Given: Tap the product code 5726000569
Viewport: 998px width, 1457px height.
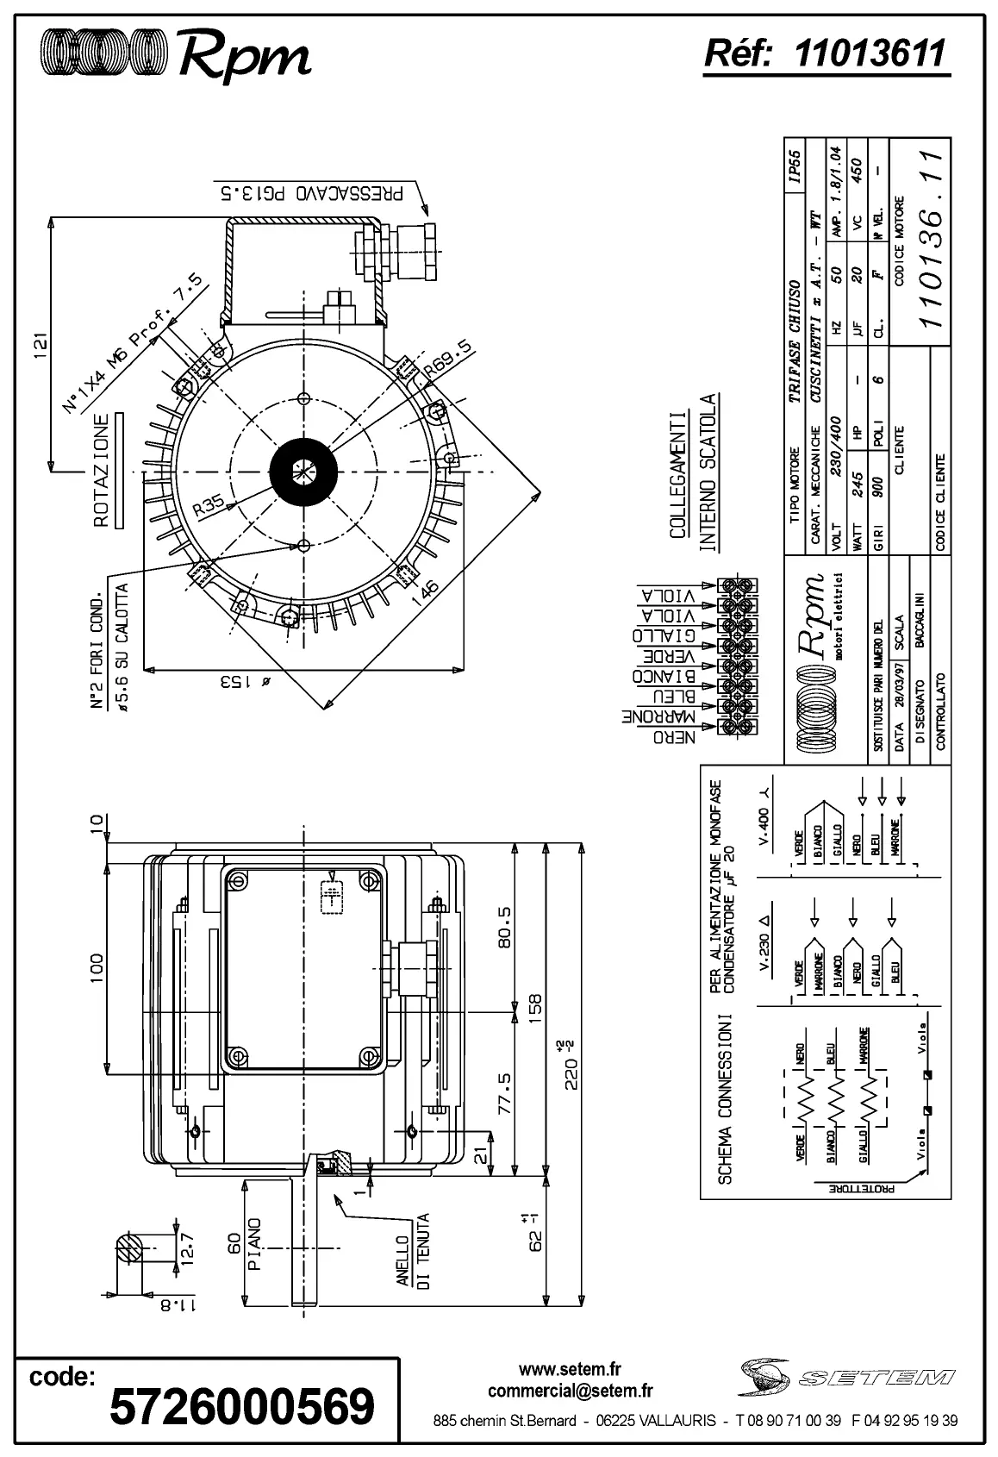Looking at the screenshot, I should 242,1406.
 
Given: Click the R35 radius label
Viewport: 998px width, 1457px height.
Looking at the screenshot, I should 209,505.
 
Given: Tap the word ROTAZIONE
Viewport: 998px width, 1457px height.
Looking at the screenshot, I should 102,471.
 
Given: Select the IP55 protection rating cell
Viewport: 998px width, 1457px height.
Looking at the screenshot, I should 795,167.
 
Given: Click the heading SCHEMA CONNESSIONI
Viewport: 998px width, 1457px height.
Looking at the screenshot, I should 725,1097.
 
